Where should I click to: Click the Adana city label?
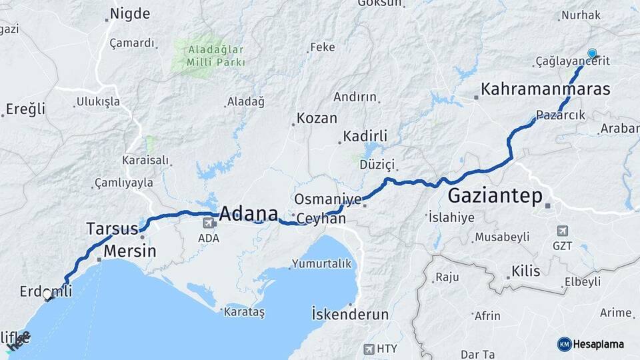coord(248,214)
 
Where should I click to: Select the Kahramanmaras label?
coord(545,89)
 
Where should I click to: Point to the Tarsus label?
coord(112,229)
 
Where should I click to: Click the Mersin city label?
coord(130,251)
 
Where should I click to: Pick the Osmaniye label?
coord(328,199)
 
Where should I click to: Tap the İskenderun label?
coord(350,313)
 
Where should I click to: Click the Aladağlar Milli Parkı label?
coord(207,55)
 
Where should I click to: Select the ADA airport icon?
coord(209,223)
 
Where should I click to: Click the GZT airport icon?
coord(562,231)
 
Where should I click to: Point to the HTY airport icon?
coord(369,349)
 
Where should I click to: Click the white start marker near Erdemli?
coord(47,294)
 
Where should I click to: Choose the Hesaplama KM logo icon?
coord(564,344)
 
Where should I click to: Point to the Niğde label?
coord(130,13)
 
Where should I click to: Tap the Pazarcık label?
coord(561,115)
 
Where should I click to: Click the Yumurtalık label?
coord(323,263)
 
